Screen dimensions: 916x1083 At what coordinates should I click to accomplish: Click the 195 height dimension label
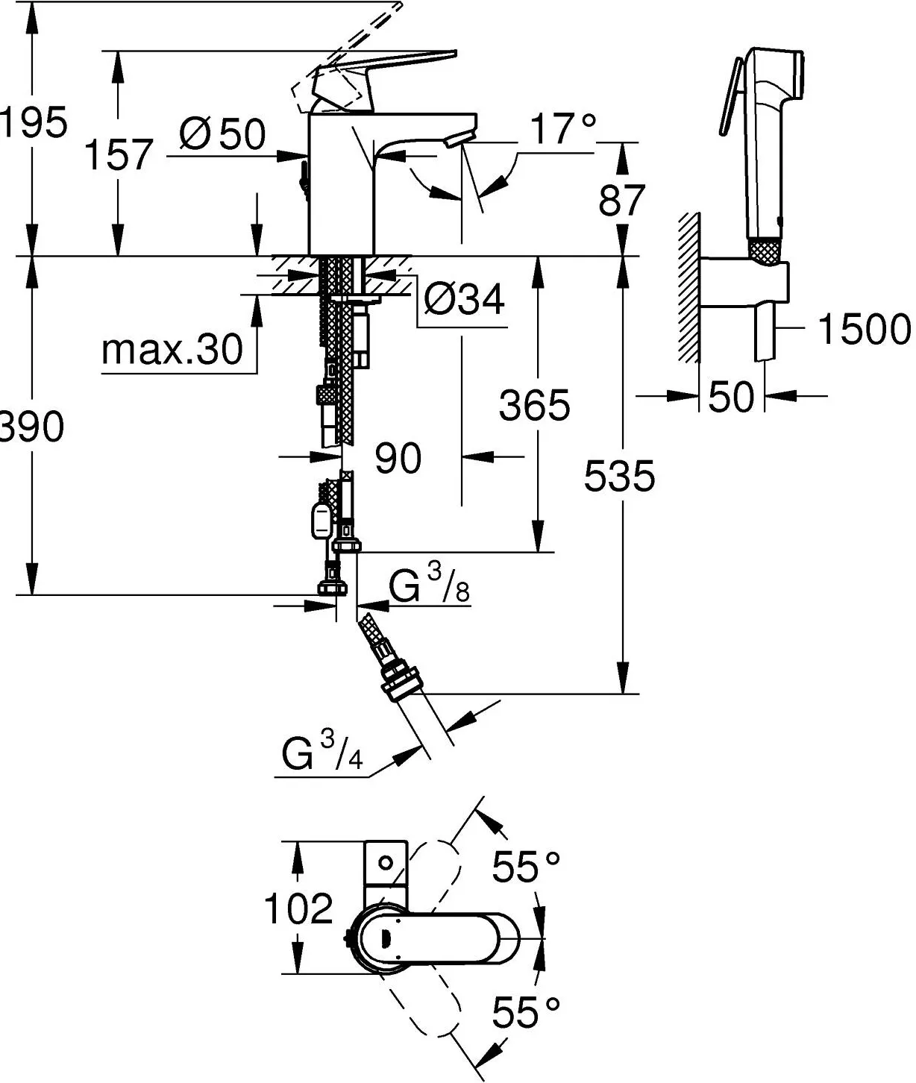click(x=34, y=122)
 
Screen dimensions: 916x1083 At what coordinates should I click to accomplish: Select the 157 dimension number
click(x=119, y=154)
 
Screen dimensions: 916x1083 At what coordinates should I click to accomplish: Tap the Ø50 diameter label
click(x=222, y=134)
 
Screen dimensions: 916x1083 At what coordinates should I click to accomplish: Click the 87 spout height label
click(x=621, y=200)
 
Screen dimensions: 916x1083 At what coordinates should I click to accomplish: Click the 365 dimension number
click(x=535, y=405)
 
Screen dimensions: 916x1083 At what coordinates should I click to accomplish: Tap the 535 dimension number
click(x=619, y=476)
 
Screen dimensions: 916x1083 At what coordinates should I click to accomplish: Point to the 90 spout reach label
click(x=398, y=458)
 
